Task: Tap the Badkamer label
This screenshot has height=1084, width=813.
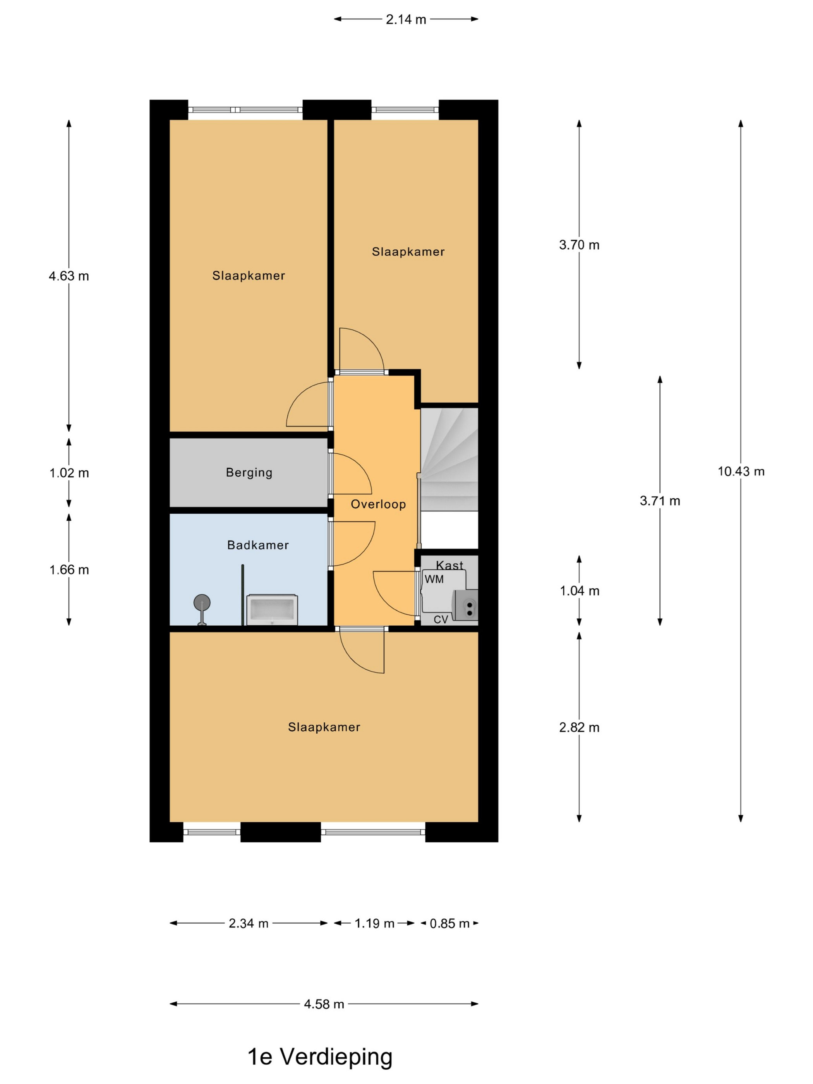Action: click(258, 545)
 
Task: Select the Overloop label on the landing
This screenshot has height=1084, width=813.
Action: click(378, 504)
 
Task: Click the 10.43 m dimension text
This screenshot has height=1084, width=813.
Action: click(741, 472)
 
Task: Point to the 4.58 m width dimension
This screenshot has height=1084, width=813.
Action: click(324, 1004)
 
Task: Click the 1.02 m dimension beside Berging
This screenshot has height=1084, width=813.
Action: click(69, 473)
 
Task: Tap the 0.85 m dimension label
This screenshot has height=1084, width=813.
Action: click(449, 924)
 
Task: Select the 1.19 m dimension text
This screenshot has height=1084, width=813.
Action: click(374, 924)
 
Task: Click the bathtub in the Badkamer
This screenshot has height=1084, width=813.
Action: click(272, 610)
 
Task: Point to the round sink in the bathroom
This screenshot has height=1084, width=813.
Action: click(202, 602)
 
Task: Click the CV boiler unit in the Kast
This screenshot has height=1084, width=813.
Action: click(465, 606)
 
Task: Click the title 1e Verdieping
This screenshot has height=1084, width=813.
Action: click(320, 1057)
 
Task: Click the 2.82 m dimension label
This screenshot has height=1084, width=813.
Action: click(579, 727)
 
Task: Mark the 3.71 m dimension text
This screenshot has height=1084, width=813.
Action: click(660, 501)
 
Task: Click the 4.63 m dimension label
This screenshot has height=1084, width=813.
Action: click(69, 276)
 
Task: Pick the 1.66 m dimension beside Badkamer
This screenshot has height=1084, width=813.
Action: click(69, 569)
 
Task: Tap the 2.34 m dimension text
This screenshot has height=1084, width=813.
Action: click(249, 924)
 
